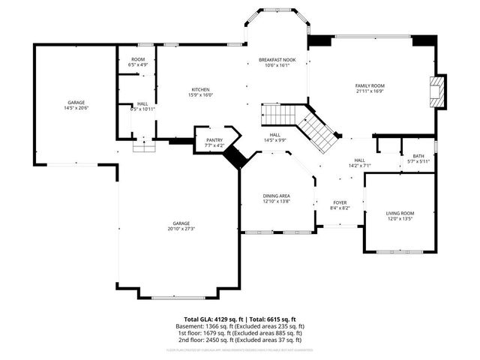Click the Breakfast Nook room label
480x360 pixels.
pyautogui.click(x=277, y=59)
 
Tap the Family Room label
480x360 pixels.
pyautogui.click(x=369, y=85)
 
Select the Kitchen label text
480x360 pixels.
pyautogui.click(x=199, y=89)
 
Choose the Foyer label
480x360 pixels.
pyautogui.click(x=340, y=202)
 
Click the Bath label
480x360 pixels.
pyautogui.click(x=418, y=156)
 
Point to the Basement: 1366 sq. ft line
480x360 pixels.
pyautogui.click(x=244, y=326)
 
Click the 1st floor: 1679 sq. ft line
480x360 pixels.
pyautogui.click(x=244, y=333)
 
